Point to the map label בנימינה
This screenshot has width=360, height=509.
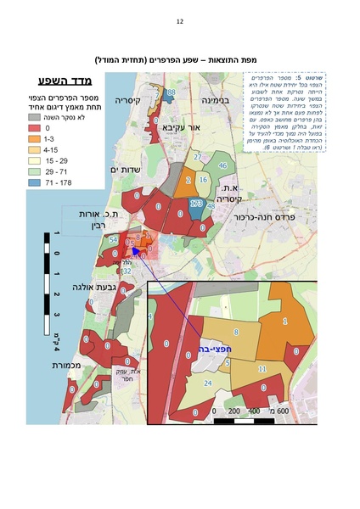[217, 99]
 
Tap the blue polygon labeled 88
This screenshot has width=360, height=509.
[172, 92]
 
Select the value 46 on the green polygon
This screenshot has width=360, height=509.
[222, 165]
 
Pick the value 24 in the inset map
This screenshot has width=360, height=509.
[207, 383]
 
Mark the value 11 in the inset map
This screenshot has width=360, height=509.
[262, 369]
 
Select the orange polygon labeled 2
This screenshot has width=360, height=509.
[188, 180]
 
